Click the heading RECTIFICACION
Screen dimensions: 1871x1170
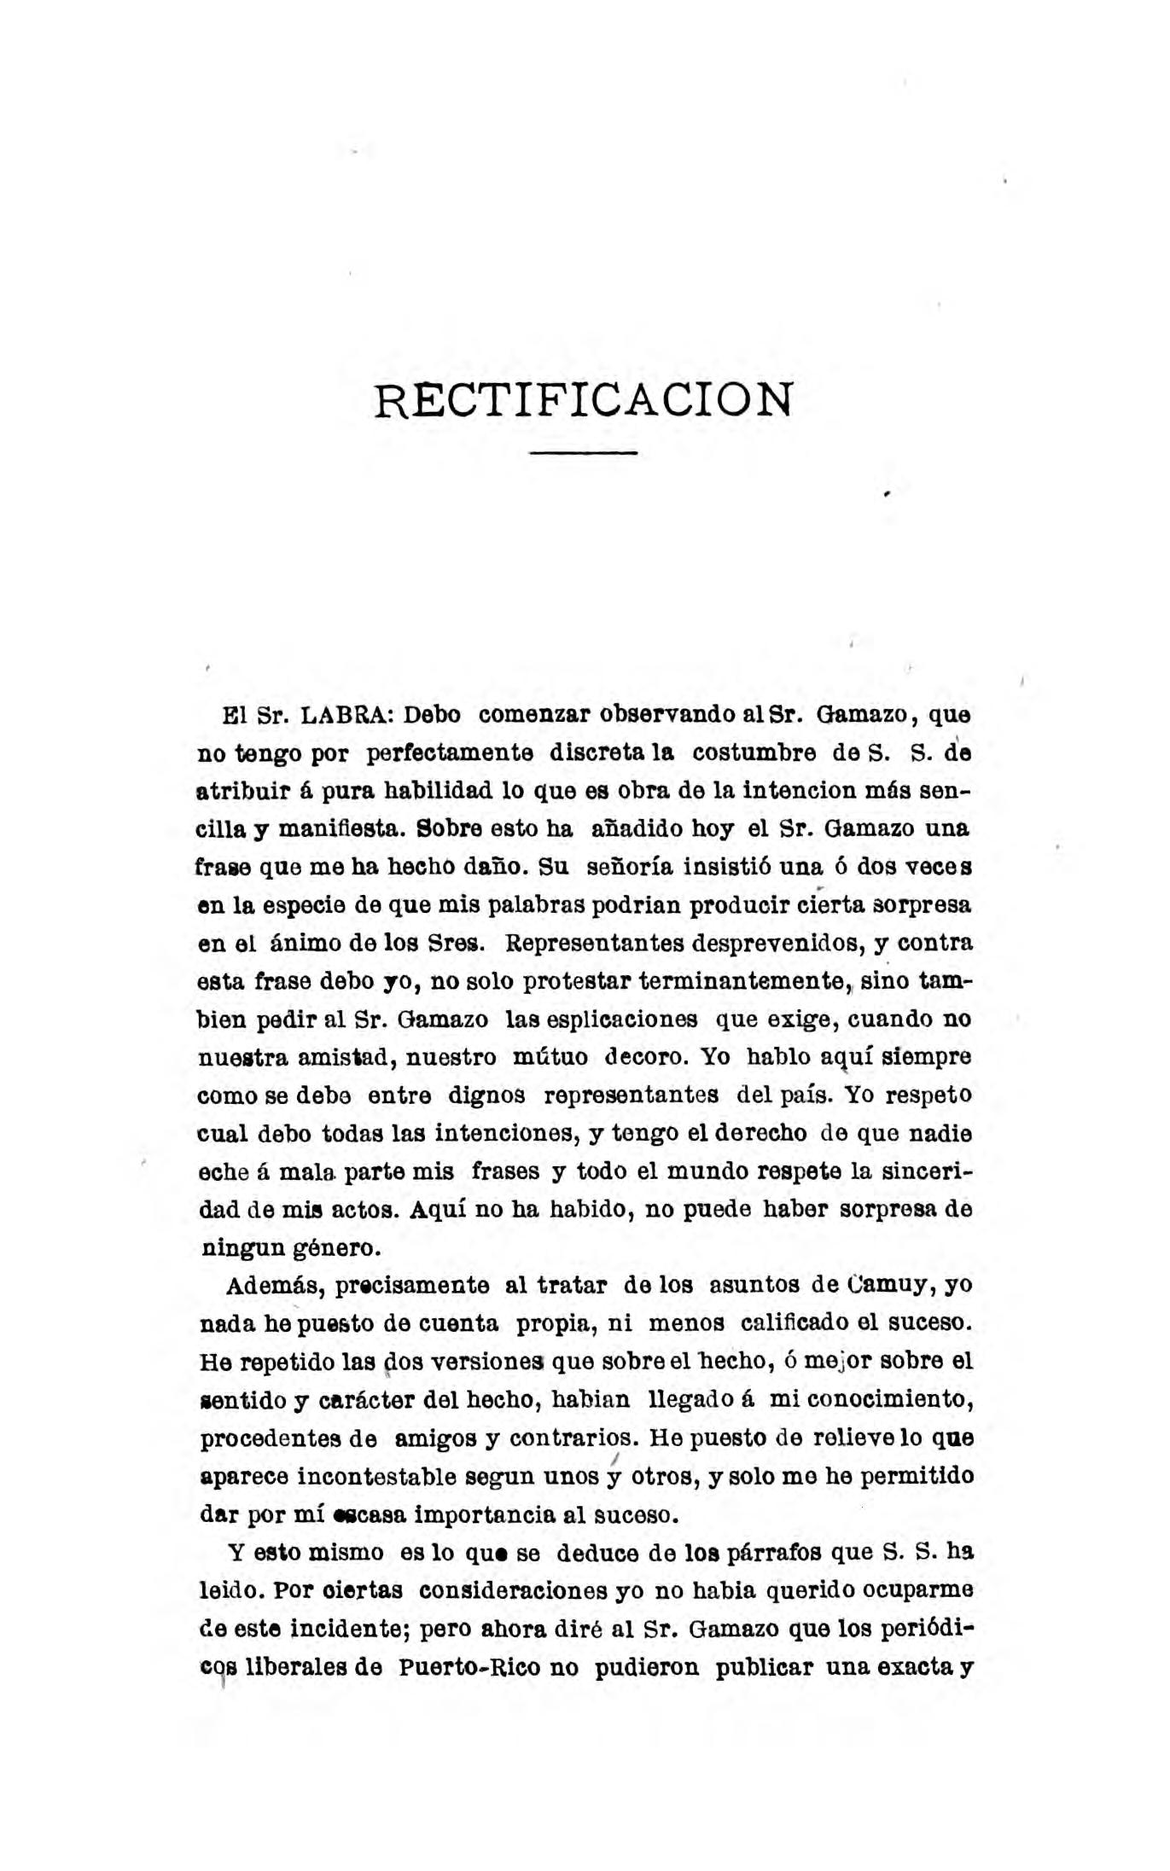[584, 398]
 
